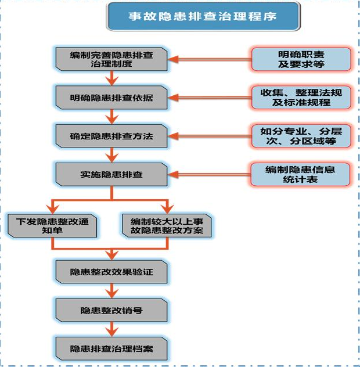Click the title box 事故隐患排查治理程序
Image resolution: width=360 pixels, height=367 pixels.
[x=203, y=16]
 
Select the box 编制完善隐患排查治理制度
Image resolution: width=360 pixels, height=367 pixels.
[x=111, y=59]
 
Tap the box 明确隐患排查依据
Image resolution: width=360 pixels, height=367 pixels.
[x=111, y=98]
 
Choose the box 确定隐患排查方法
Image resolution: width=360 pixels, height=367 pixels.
[x=111, y=136]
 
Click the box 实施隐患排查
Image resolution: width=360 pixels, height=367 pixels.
[x=111, y=175]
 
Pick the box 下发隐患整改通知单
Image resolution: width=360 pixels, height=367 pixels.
[x=52, y=226]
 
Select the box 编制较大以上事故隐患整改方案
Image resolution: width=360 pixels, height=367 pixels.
[x=167, y=226]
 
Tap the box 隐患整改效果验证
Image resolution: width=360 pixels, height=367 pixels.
[x=111, y=272]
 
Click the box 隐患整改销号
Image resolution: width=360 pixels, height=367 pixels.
[x=111, y=310]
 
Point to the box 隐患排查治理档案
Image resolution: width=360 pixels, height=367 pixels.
[x=111, y=349]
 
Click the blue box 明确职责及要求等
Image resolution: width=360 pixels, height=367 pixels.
[x=301, y=59]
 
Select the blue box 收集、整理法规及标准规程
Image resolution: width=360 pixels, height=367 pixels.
[x=301, y=98]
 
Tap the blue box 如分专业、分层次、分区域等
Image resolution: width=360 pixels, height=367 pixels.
[x=301, y=136]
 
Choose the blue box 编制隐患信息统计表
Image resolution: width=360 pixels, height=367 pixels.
[x=300, y=175]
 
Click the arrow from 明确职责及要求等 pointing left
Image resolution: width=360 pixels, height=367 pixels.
[x=210, y=59]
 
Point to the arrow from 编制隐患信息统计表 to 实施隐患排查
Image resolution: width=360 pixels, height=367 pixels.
[x=209, y=175]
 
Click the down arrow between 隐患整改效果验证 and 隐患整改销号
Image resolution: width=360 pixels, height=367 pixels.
[x=112, y=291]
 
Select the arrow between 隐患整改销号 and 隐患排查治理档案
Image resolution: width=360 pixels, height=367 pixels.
[x=112, y=329]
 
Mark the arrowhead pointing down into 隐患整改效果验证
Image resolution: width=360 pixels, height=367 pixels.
[x=112, y=255]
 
